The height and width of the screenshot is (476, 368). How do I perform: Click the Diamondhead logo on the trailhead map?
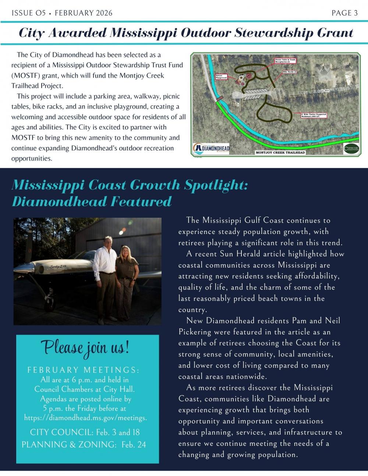(x=211, y=148)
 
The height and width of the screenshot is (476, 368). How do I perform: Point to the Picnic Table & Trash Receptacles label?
(x=285, y=60)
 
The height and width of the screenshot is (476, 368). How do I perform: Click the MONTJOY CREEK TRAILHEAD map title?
(x=280, y=152)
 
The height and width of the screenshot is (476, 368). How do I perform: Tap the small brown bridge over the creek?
(x=219, y=99)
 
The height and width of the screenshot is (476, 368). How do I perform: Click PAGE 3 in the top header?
(x=344, y=13)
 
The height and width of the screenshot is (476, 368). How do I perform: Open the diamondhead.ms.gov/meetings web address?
(x=85, y=418)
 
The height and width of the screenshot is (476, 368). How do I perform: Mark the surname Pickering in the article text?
(x=199, y=332)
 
